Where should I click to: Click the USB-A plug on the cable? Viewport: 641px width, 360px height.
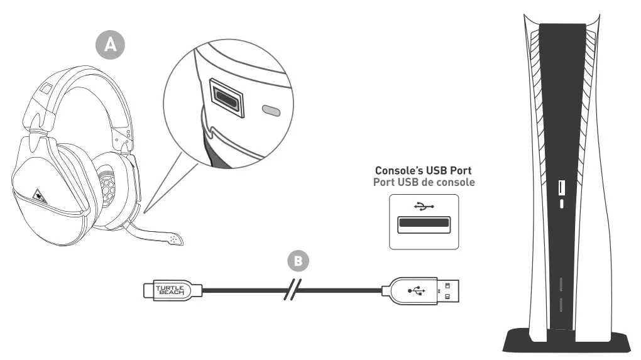point(420,290)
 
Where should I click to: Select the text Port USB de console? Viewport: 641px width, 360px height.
point(424,182)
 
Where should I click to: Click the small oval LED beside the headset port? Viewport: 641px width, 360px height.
point(270,110)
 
